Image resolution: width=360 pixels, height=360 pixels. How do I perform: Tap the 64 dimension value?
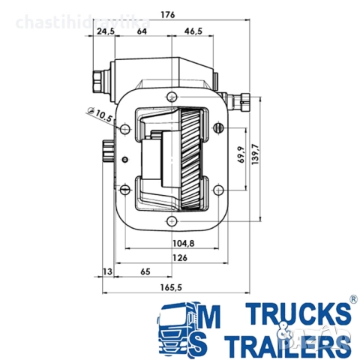point(142,31)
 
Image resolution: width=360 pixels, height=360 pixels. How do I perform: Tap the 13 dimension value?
point(107,271)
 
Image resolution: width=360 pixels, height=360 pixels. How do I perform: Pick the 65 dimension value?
point(145,271)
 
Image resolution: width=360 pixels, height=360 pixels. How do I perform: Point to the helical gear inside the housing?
point(192,157)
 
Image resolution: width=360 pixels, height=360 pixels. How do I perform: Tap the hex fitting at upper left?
point(98,76)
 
